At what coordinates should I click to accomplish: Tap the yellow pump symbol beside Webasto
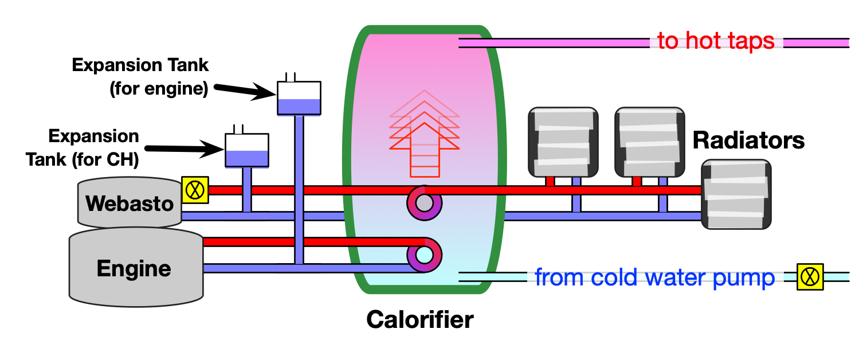pyautogui.click(x=195, y=190)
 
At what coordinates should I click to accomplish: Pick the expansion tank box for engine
pyautogui.click(x=299, y=97)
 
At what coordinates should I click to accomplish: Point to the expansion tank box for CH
pyautogui.click(x=246, y=151)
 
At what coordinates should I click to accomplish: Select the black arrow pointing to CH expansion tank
pyautogui.click(x=183, y=150)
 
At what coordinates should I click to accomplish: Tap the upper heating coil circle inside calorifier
pyautogui.click(x=424, y=203)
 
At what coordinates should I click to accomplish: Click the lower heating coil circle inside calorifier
pyautogui.click(x=424, y=254)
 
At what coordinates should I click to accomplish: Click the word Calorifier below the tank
pyautogui.click(x=420, y=319)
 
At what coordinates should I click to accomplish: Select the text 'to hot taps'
pyautogui.click(x=716, y=41)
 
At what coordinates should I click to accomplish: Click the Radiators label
pyautogui.click(x=748, y=140)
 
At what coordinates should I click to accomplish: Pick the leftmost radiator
pyautogui.click(x=563, y=142)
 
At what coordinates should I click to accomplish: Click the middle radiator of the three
pyautogui.click(x=650, y=142)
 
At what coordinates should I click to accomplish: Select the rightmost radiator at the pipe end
pyautogui.click(x=736, y=194)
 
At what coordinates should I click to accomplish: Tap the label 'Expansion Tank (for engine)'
pyautogui.click(x=140, y=77)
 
